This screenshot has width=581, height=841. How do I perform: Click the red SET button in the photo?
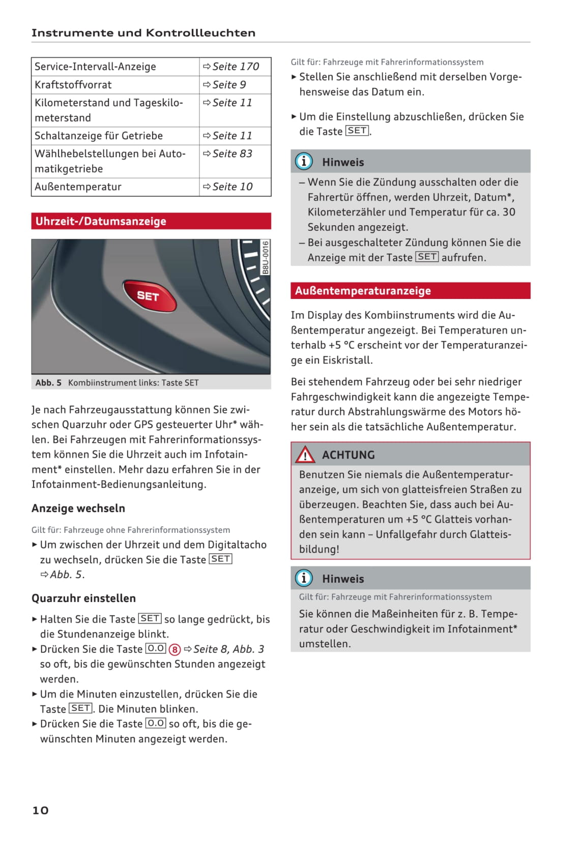149,295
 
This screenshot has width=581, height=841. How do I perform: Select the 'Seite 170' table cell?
235,67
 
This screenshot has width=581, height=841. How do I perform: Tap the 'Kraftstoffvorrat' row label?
73,85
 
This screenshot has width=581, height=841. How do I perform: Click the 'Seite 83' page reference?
232,154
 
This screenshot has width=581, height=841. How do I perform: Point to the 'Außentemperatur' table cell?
78,187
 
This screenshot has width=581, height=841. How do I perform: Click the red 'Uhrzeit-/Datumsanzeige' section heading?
151,221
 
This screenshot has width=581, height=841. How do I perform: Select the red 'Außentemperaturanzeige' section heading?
410,291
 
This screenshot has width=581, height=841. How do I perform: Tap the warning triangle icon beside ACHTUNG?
305,455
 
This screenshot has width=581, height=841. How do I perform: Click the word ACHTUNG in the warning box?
348,455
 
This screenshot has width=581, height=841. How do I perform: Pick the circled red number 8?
175,649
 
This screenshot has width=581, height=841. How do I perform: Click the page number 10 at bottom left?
41,810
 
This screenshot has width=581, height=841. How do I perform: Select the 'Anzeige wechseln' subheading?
78,508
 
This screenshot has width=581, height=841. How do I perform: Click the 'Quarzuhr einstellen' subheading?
83,598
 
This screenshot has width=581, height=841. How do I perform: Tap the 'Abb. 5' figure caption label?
48,383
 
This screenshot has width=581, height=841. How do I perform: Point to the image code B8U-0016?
265,258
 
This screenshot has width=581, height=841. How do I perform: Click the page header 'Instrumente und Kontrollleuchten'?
143,33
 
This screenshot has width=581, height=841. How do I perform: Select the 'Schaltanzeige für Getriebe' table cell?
99,136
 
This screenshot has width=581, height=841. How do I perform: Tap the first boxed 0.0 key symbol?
156,649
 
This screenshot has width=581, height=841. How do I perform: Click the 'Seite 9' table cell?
229,85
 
